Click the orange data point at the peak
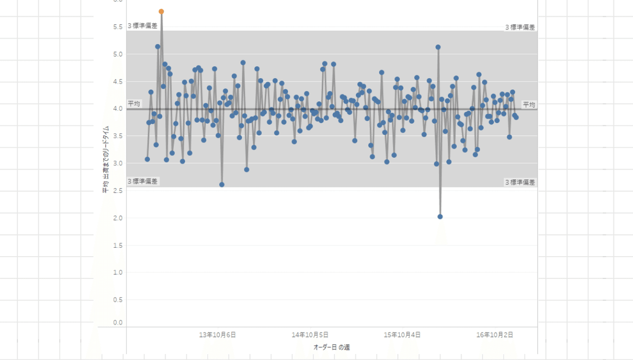click(x=161, y=12)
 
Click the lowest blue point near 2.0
click(x=440, y=217)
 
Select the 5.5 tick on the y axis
click(x=117, y=27)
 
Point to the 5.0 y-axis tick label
click(x=117, y=54)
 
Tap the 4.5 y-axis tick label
click(x=117, y=82)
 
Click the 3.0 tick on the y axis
click(x=117, y=163)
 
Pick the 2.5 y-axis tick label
click(x=117, y=191)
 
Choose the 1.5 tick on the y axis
click(x=117, y=246)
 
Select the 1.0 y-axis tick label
click(x=117, y=273)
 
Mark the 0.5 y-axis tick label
click(x=117, y=300)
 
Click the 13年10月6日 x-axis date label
click(x=217, y=335)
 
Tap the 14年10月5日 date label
click(x=310, y=335)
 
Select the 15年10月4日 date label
click(x=402, y=335)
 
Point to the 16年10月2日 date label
click(x=495, y=335)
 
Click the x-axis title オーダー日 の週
click(x=332, y=347)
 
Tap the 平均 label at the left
click(x=134, y=104)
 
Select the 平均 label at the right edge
click(x=529, y=105)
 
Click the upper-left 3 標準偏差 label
click(x=142, y=26)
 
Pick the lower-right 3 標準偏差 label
click(x=520, y=182)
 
